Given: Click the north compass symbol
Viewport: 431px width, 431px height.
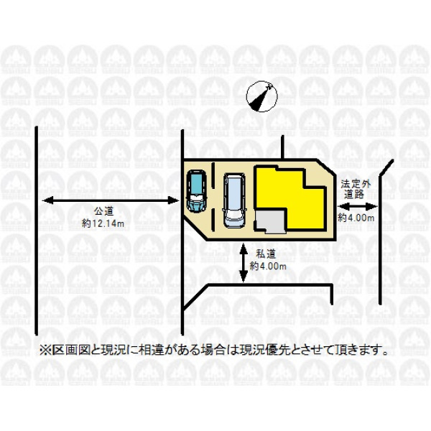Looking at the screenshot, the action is (261, 96).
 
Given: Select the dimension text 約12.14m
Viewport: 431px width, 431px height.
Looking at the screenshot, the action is (103, 223).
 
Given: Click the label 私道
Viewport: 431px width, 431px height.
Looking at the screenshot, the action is (266, 254).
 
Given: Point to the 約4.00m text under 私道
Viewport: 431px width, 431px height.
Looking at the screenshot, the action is (268, 266).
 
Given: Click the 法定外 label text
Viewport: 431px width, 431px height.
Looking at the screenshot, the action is (356, 184).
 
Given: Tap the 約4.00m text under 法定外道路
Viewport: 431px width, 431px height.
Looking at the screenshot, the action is (356, 218).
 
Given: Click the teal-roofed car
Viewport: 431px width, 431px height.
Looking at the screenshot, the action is (196, 191).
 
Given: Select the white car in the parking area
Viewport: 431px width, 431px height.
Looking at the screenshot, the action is (234, 200).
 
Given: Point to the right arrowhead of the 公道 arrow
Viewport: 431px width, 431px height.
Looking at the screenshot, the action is (174, 200).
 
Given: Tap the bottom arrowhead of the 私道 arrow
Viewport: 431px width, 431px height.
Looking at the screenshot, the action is (244, 277).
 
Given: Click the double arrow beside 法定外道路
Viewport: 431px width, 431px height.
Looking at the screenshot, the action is (358, 206).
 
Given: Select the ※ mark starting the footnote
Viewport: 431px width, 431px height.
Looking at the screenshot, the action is (45, 350).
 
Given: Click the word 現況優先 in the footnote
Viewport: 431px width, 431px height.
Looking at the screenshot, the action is (262, 350).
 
